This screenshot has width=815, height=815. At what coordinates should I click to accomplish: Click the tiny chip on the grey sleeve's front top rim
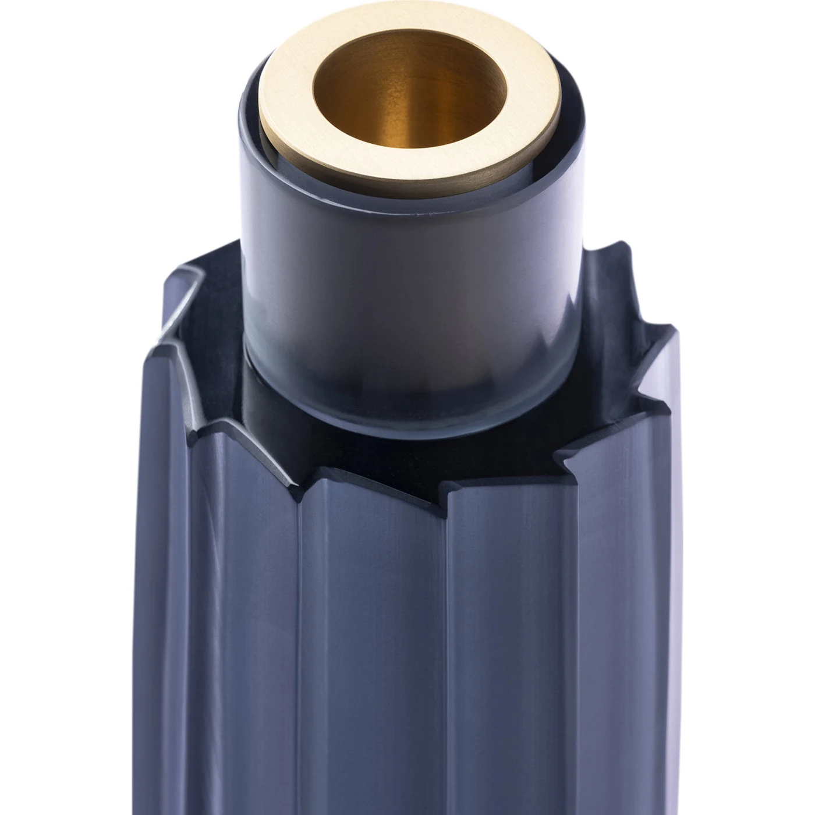(x=417, y=217)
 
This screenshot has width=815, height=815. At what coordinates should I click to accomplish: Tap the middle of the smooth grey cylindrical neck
(x=408, y=291)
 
